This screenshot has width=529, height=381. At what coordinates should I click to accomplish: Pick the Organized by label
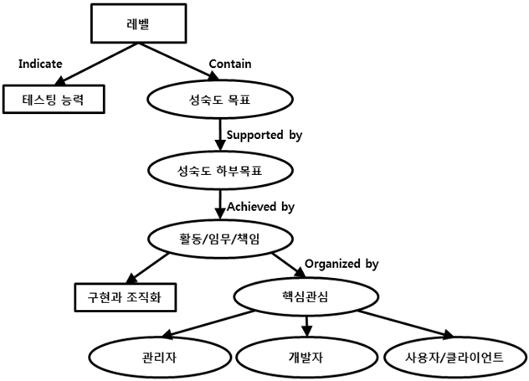[342, 264]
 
